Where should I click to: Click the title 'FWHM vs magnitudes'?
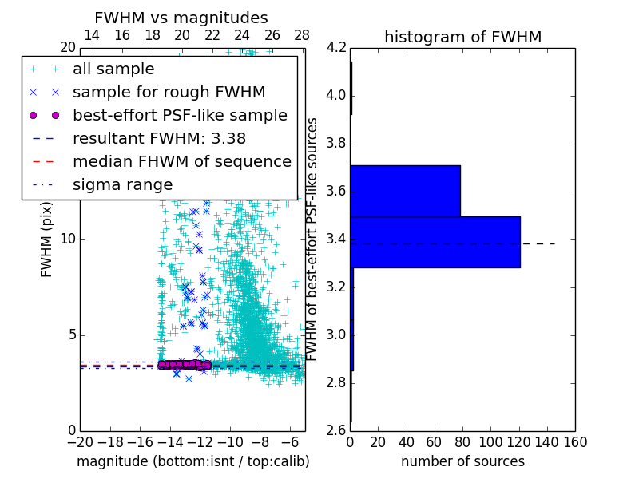tap(181, 18)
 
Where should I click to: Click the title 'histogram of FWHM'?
tap(462, 37)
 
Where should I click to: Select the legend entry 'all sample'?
tap(113, 69)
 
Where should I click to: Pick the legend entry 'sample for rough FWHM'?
tap(169, 93)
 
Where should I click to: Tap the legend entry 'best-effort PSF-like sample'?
tap(180, 116)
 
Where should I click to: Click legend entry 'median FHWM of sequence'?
tap(181, 162)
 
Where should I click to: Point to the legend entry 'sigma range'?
tap(122, 185)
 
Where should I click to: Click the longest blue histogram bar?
tap(435, 242)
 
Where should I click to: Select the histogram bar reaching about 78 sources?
tap(405, 191)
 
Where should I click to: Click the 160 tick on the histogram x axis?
tap(574, 442)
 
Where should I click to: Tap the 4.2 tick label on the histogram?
tap(336, 48)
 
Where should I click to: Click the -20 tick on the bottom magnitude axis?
tap(80, 442)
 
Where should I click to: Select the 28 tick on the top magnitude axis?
tap(302, 35)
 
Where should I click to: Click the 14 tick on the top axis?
tap(92, 35)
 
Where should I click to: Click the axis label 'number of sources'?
tap(462, 461)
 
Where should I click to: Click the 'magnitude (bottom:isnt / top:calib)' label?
tap(192, 461)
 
